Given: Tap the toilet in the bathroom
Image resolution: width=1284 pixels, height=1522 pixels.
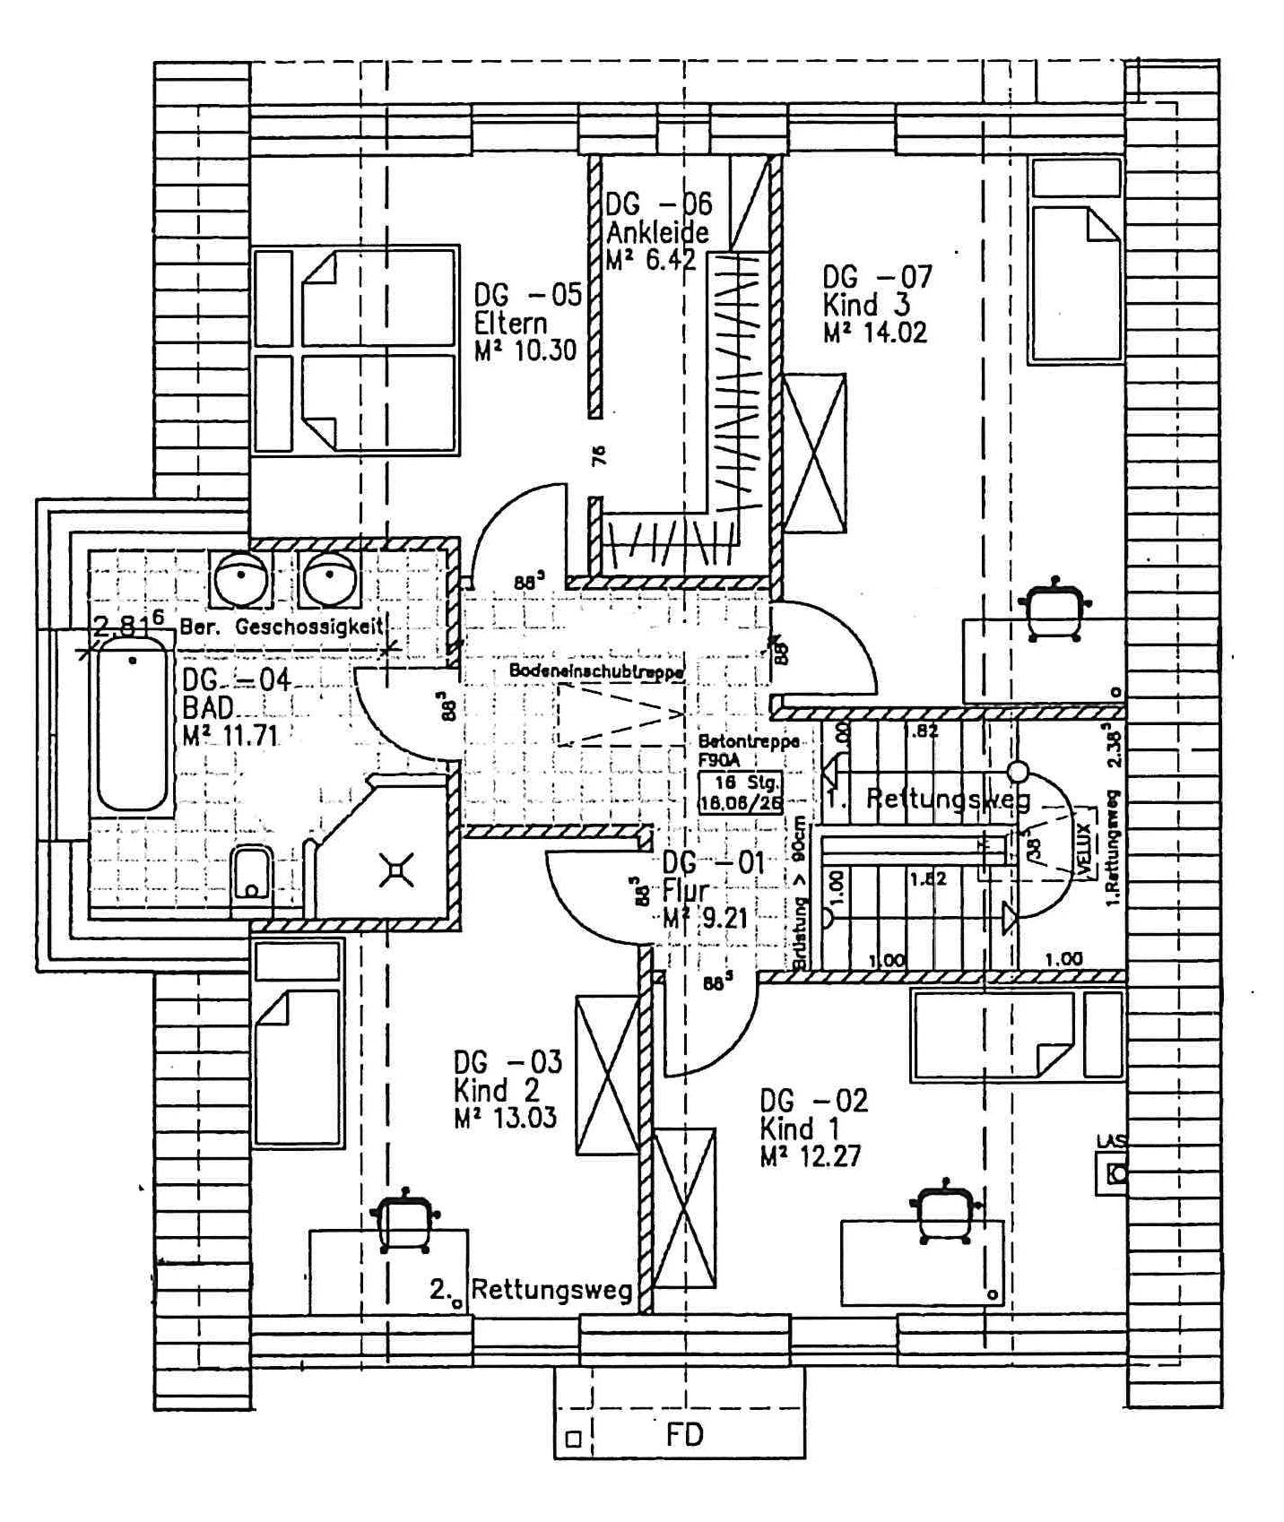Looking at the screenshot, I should click(251, 874).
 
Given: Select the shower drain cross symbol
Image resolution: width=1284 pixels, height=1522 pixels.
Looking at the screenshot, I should click(396, 869).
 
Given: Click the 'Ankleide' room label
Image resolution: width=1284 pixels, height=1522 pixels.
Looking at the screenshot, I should click(657, 233).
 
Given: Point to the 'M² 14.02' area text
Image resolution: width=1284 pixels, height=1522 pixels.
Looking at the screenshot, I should click(875, 333).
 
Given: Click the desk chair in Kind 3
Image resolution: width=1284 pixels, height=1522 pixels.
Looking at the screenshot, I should click(1055, 610).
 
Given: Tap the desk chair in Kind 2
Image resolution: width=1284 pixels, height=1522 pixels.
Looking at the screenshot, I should click(404, 1221).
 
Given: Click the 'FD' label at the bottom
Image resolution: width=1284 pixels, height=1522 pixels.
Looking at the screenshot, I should click(685, 1435).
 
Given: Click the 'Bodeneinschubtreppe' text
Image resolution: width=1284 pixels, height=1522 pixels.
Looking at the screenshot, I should click(596, 670).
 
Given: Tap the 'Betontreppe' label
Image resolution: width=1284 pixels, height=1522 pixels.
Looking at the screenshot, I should click(748, 742).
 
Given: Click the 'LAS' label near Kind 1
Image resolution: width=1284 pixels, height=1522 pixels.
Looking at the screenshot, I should click(1111, 1141).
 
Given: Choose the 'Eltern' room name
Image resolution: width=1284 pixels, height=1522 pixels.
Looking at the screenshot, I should click(510, 323).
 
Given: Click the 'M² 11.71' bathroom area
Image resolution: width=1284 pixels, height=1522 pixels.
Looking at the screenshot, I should click(230, 737).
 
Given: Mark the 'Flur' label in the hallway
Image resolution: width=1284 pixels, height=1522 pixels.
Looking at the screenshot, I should click(685, 891).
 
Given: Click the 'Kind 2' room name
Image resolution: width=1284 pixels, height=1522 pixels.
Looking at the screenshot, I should click(496, 1090).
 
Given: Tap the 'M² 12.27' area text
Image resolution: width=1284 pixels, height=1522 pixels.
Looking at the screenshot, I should click(810, 1156).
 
